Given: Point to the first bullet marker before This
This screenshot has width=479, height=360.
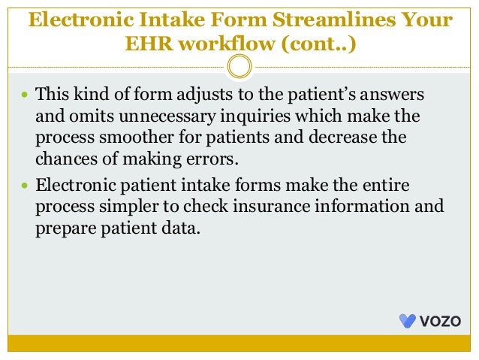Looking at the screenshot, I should click(25, 95).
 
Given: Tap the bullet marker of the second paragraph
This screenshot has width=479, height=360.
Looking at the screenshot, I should click(25, 185).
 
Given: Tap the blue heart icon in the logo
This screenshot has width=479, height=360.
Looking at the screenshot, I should click(408, 321).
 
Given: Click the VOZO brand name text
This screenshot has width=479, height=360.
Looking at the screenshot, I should click(440, 321).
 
